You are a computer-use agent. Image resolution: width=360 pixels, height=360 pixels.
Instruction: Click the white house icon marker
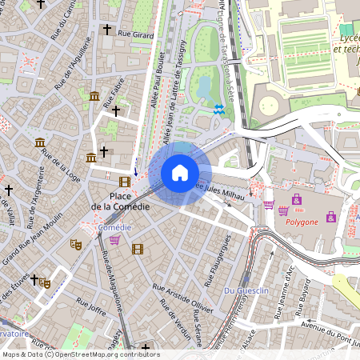click(x=180, y=173)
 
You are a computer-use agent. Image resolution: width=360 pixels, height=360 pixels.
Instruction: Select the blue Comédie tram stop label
click(x=114, y=227)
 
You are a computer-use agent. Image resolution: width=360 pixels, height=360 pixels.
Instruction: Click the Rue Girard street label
click(x=134, y=34)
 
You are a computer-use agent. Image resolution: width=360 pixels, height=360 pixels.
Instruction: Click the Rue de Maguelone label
click(x=111, y=280)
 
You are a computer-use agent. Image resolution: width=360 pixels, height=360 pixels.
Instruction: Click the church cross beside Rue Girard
click(x=106, y=30)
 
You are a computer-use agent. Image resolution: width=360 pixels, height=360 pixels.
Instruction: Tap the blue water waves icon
click(x=219, y=109)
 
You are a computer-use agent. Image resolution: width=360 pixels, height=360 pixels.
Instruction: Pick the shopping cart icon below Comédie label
click(x=114, y=240)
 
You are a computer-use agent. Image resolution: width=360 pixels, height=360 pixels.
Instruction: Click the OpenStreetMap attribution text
click(x=80, y=354)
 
